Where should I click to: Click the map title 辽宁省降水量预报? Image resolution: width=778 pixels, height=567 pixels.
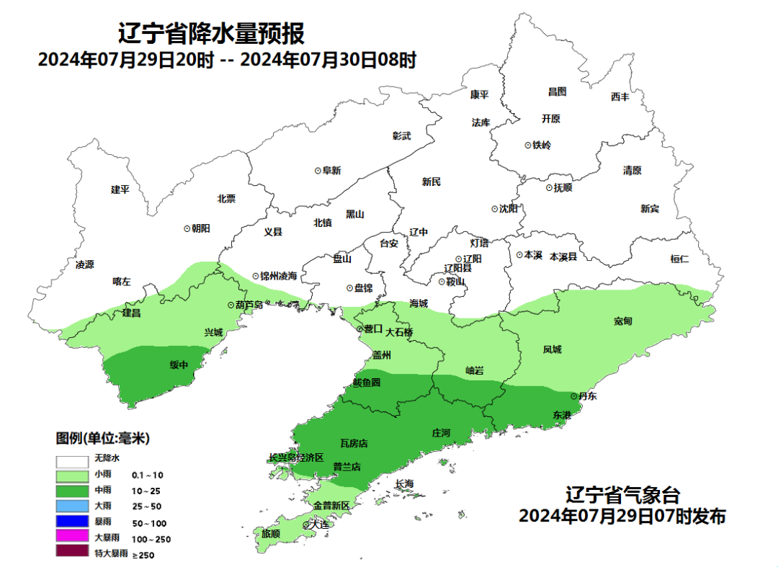[x=211, y=33]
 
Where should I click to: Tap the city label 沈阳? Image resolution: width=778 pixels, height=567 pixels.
[x=508, y=209]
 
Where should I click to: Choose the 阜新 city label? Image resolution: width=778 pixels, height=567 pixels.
[x=331, y=171]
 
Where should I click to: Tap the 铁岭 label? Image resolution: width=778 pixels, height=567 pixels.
[x=542, y=145]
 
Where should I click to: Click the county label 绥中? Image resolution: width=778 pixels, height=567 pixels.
[x=179, y=365]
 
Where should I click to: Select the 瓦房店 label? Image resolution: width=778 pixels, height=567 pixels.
[x=354, y=442]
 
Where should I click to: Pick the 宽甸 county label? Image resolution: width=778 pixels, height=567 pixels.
[x=623, y=321]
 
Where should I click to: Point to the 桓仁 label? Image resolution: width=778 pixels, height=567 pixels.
[x=679, y=259]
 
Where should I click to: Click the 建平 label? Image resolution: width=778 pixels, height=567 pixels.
[x=120, y=189]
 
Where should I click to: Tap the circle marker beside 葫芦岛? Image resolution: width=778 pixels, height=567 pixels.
[x=231, y=305]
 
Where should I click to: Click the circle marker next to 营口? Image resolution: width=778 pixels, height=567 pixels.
[x=360, y=329]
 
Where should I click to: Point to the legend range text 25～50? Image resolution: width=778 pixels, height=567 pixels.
[x=146, y=506]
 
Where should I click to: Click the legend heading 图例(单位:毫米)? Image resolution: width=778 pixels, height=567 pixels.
[x=103, y=438]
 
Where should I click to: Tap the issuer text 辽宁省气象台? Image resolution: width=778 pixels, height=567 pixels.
[x=622, y=496]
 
